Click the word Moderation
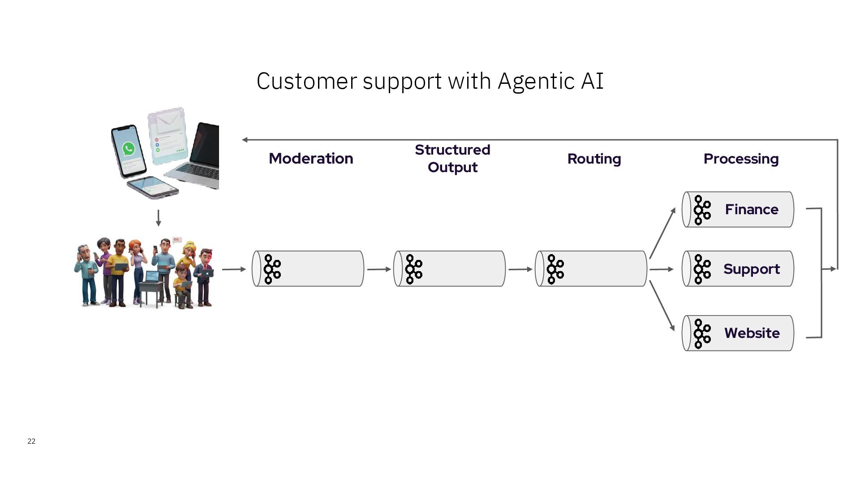pos(311,159)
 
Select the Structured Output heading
pos(452,158)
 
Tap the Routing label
pos(594,159)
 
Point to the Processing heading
pos(741,159)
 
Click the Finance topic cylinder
pos(738,209)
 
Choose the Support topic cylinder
pos(738,269)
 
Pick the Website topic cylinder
pos(738,333)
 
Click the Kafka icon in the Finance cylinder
pos(701,210)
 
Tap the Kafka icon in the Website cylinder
pos(701,333)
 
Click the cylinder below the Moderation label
pos(308,269)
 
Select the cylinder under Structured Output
pos(450,269)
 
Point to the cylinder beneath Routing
pos(591,269)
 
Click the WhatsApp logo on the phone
pos(129,148)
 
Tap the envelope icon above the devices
pos(168,119)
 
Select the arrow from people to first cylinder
pos(234,269)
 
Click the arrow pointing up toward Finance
pos(662,233)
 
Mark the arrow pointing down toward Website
pos(662,306)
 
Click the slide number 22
pos(31,441)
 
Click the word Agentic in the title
pos(536,81)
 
